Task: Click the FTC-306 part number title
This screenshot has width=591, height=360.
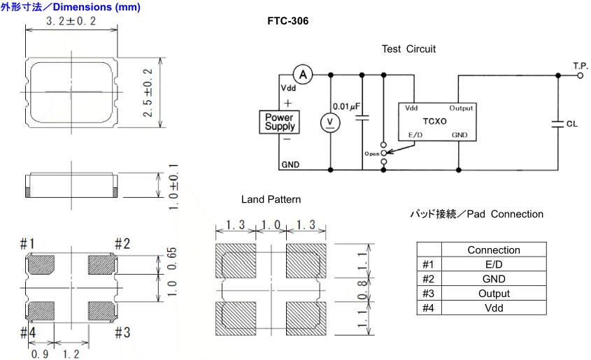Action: click(x=288, y=22)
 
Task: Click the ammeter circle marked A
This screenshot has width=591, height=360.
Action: click(x=301, y=73)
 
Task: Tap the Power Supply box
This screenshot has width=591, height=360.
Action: click(x=279, y=122)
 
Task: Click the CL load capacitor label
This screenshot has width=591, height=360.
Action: click(x=571, y=124)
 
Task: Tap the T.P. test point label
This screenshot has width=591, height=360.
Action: click(x=581, y=65)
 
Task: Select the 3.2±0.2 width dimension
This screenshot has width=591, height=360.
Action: click(x=71, y=22)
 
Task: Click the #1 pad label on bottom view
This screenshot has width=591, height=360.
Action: click(x=27, y=244)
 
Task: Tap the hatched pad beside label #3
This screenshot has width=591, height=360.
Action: click(x=101, y=308)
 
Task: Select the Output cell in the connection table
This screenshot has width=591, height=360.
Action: click(x=493, y=294)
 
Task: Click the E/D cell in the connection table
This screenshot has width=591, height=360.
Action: click(x=493, y=264)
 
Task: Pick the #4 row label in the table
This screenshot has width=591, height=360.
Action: click(x=429, y=308)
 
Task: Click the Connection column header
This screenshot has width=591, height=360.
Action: click(x=493, y=250)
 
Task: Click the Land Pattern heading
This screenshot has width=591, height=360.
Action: click(x=271, y=200)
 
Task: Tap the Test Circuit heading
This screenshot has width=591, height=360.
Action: click(x=408, y=49)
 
